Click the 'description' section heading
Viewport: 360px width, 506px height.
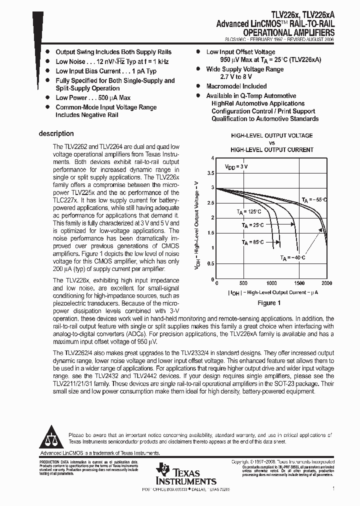coord(56,133)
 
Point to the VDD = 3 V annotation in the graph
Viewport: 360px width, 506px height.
coord(236,166)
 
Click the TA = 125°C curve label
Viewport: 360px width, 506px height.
coord(248,212)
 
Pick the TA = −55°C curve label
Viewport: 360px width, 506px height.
coord(314,199)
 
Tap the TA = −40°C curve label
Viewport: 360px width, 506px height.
coord(292,257)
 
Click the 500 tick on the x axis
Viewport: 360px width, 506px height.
coord(243,283)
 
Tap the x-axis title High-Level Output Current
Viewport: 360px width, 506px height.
coord(273,292)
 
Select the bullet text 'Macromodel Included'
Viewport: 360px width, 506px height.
coord(236,86)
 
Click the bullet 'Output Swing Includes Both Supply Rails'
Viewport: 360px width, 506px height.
coord(113,52)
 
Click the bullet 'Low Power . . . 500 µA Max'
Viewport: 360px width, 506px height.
coord(93,98)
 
